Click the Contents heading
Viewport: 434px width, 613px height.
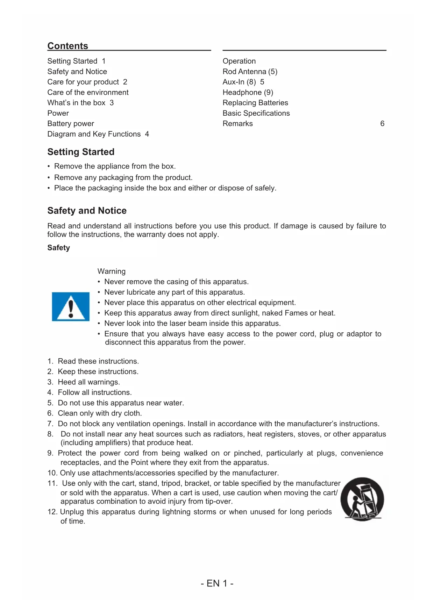[x=68, y=46]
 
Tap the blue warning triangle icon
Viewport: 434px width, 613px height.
[x=71, y=306]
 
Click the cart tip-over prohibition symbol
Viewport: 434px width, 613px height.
[x=362, y=499]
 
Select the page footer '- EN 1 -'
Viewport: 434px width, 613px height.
[x=217, y=583]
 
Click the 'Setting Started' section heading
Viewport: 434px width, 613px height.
[x=81, y=152]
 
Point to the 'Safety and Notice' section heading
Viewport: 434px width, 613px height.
[x=87, y=211]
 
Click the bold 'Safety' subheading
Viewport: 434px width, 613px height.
[x=58, y=248]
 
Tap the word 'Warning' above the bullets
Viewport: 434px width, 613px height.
[x=111, y=272]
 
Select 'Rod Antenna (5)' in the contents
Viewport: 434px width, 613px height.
[x=250, y=72]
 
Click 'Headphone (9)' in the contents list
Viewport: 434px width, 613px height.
[x=248, y=93]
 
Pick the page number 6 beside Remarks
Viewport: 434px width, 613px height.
[x=382, y=124]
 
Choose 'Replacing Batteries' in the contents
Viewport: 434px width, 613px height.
[x=255, y=103]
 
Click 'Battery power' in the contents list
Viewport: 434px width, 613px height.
[x=71, y=124]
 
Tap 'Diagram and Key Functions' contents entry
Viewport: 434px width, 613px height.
[x=94, y=134]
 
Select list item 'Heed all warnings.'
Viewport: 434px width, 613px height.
[x=88, y=382]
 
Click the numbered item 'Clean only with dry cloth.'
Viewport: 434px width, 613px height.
[x=100, y=413]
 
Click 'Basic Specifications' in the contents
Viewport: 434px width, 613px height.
[x=256, y=113]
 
